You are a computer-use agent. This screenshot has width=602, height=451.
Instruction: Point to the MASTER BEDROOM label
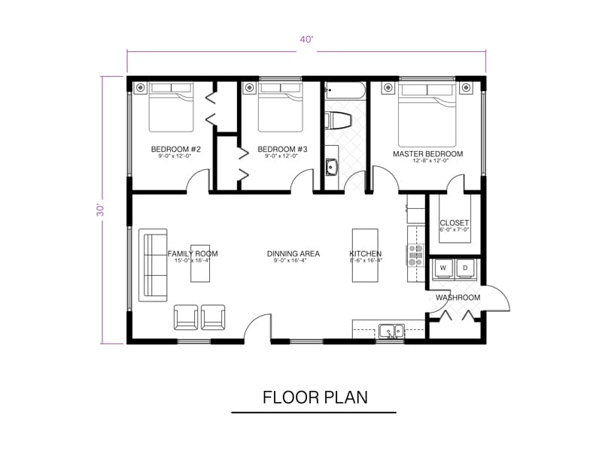point(427,154)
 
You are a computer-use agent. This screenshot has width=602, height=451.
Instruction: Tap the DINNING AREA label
point(293,254)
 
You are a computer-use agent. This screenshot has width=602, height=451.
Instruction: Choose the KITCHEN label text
point(366,254)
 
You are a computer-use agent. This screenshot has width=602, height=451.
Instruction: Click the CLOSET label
point(455,223)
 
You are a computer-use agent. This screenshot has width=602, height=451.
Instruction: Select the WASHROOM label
point(458,298)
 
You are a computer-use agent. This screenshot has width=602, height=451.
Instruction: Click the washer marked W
point(443,268)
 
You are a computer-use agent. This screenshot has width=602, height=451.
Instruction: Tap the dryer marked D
point(466,268)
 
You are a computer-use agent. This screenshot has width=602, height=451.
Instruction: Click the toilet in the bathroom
point(338,120)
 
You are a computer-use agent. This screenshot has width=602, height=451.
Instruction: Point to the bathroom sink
point(331,167)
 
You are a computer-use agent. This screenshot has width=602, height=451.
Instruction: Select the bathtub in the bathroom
point(345,92)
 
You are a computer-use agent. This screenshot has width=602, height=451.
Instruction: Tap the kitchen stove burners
point(416,256)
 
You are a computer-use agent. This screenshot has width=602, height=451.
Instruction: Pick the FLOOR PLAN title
point(315,397)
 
